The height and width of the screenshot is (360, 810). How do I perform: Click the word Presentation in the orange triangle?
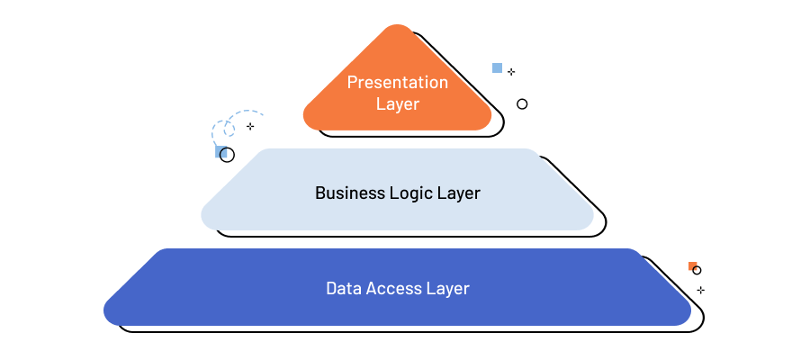coord(397,83)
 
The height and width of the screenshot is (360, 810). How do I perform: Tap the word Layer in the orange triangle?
coord(397,104)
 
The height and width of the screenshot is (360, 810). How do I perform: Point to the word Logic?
coord(414,193)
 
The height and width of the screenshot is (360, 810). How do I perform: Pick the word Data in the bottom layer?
coord(342,289)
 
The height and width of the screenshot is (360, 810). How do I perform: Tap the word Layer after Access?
coord(449,289)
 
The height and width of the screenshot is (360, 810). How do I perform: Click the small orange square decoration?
coord(691,265)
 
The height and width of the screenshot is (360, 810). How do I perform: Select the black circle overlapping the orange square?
coord(697,270)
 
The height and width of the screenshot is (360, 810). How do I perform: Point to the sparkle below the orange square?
coord(700,290)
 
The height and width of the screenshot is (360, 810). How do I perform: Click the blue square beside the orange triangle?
coord(497,67)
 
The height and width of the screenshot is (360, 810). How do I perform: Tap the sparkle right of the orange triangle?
coord(511,71)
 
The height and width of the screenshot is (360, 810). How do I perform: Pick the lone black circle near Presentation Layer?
coord(522,104)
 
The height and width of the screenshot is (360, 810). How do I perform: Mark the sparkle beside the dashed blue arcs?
coord(250,126)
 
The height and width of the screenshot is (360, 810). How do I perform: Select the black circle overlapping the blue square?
coord(228,155)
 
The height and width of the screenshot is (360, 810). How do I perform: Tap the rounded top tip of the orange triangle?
coord(397,31)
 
